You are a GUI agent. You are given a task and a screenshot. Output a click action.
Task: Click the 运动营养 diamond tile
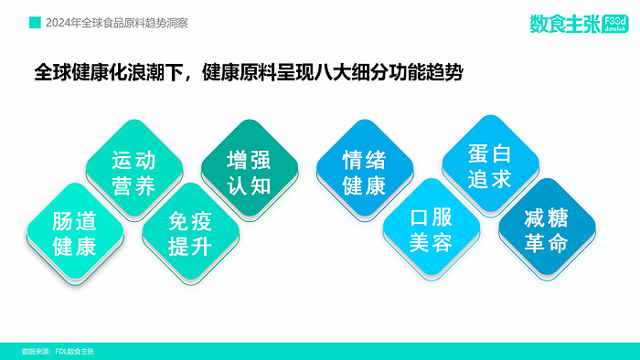133,174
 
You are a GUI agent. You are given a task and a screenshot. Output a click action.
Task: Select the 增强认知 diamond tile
249,174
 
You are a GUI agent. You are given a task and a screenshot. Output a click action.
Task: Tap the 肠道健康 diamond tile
74,233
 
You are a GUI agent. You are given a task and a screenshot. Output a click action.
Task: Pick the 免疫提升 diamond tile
191,233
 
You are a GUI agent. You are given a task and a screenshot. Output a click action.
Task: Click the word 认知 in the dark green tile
249,185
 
